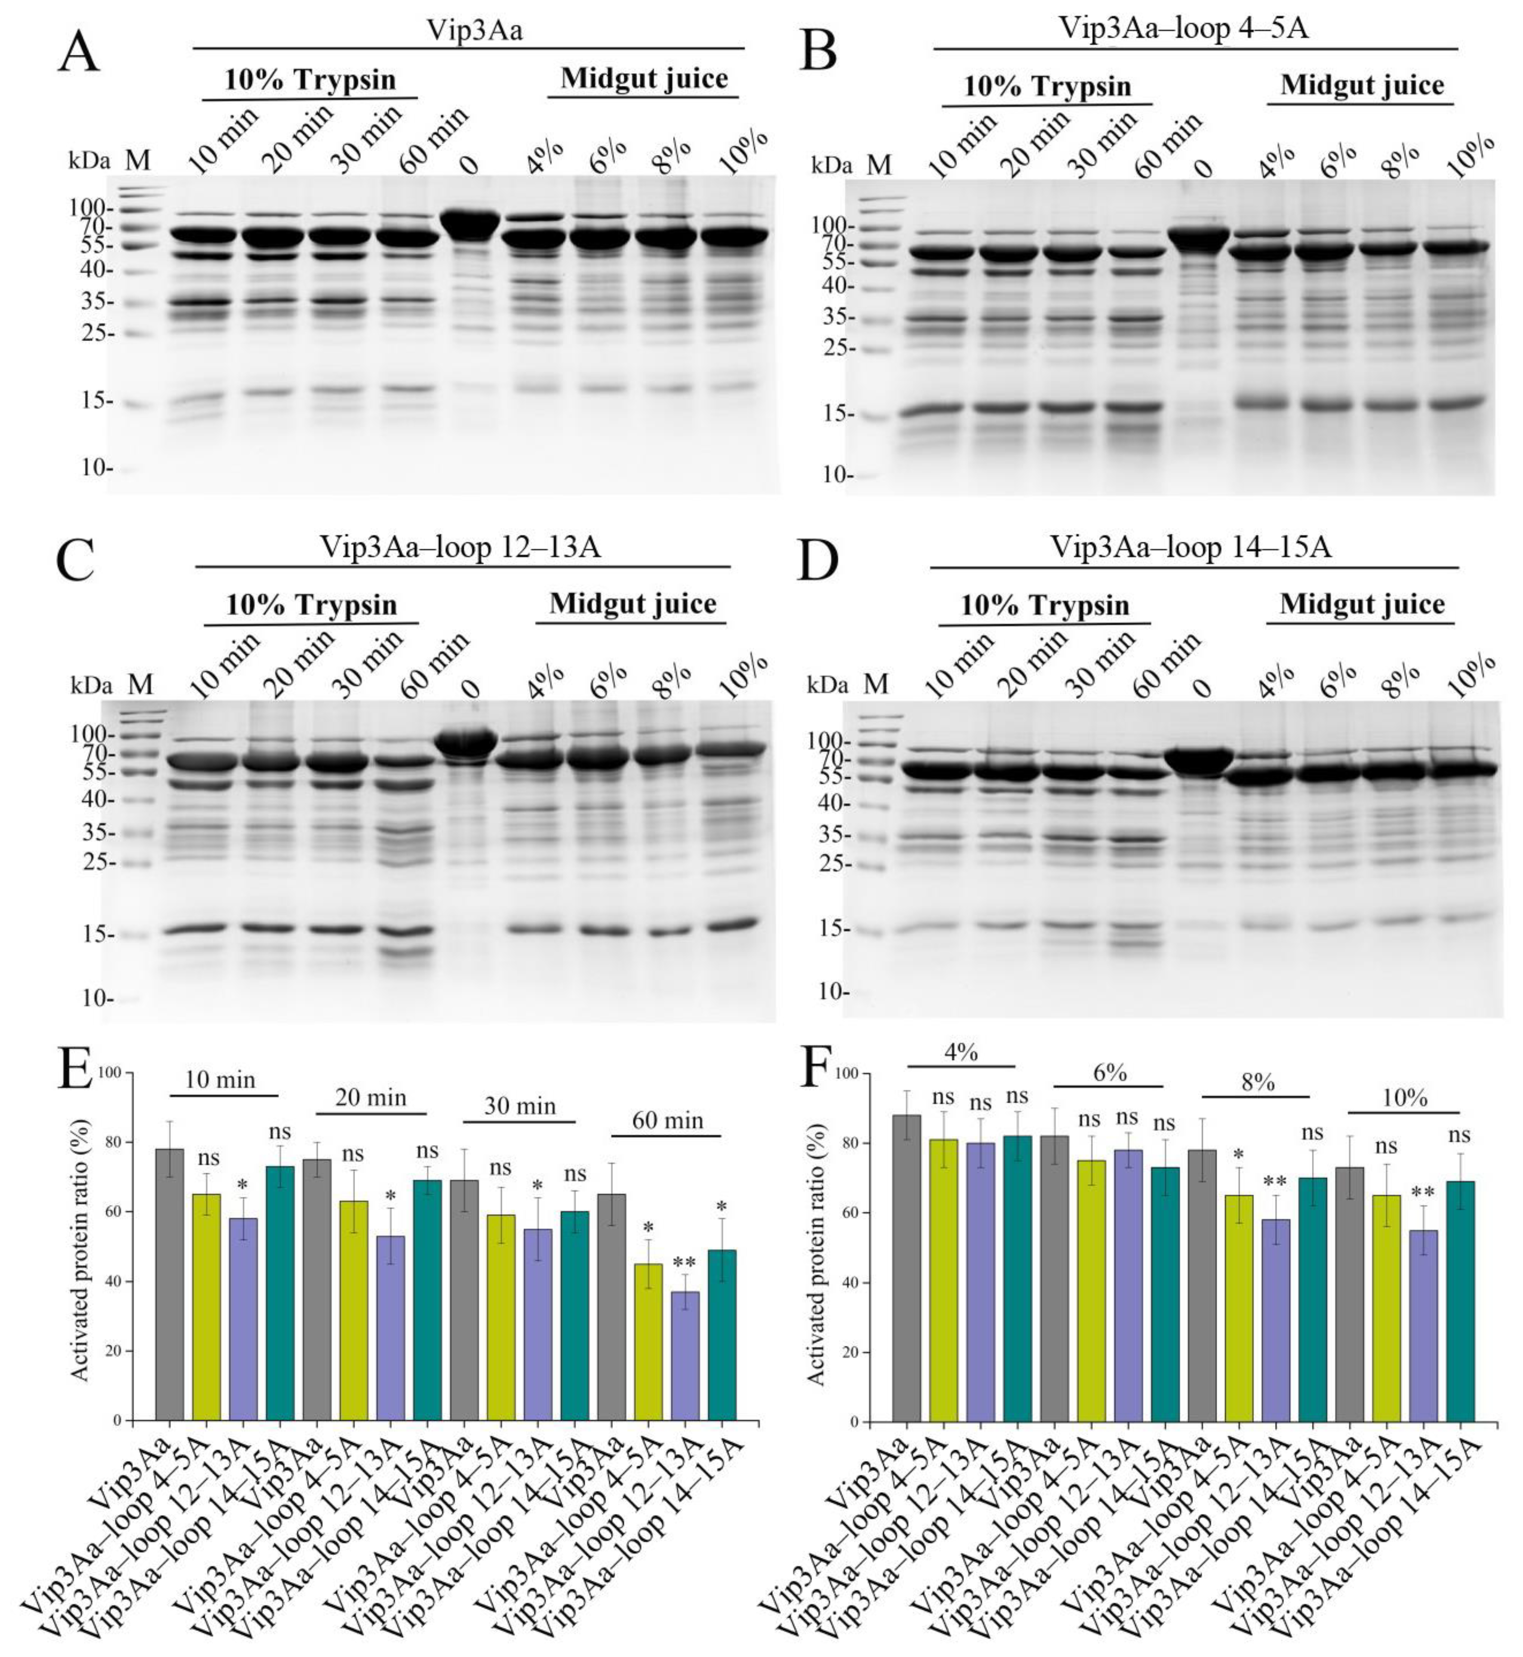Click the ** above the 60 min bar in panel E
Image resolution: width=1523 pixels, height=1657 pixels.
[x=685, y=1263]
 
